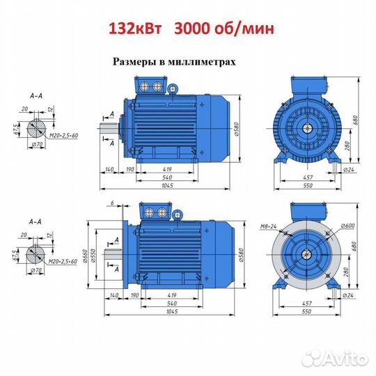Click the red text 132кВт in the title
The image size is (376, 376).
[135, 29]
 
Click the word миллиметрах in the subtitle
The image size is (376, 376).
[202, 62]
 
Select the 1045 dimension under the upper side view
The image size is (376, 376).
[167, 185]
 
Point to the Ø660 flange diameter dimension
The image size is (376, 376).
[86, 256]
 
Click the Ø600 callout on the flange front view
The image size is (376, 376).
[347, 226]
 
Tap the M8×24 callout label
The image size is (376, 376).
[268, 226]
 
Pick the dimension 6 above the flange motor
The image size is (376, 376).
[112, 203]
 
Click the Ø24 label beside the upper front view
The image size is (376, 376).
[348, 170]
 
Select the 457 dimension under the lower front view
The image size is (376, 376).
[306, 304]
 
